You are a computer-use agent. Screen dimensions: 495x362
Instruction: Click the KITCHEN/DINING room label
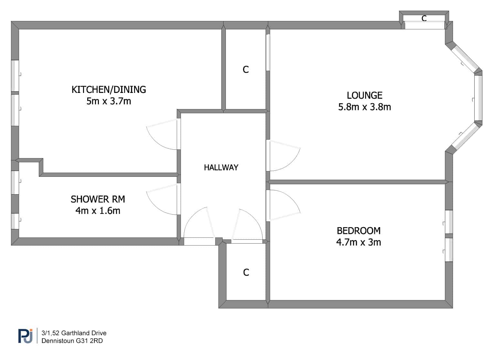pyautogui.click(x=109, y=90)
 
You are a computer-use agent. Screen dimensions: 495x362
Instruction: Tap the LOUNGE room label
pyautogui.click(x=364, y=96)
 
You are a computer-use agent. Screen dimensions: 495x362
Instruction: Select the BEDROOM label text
pyautogui.click(x=358, y=231)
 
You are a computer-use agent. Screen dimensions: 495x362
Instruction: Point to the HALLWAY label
pyautogui.click(x=221, y=168)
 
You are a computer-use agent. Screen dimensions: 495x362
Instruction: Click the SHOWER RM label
pyautogui.click(x=98, y=199)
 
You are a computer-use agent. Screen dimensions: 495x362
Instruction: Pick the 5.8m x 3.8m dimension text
pyautogui.click(x=364, y=107)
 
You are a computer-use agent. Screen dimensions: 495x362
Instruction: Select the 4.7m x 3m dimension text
pyautogui.click(x=358, y=242)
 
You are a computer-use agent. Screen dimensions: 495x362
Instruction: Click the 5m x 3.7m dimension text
pyautogui.click(x=109, y=101)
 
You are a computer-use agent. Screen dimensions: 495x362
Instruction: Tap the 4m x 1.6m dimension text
pyautogui.click(x=98, y=211)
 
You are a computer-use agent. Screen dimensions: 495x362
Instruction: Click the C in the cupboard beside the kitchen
pyautogui.click(x=246, y=70)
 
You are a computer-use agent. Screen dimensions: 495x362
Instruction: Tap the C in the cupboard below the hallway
pyautogui.click(x=246, y=272)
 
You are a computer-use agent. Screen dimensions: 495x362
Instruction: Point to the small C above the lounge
pyautogui.click(x=424, y=18)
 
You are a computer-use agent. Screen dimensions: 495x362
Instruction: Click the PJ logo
pyautogui.click(x=25, y=336)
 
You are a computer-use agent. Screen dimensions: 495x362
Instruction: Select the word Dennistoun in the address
pyautogui.click(x=58, y=341)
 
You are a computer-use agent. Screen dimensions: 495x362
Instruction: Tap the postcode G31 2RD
pyautogui.click(x=89, y=341)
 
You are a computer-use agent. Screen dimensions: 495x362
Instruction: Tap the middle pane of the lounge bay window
pyautogui.click(x=478, y=98)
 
